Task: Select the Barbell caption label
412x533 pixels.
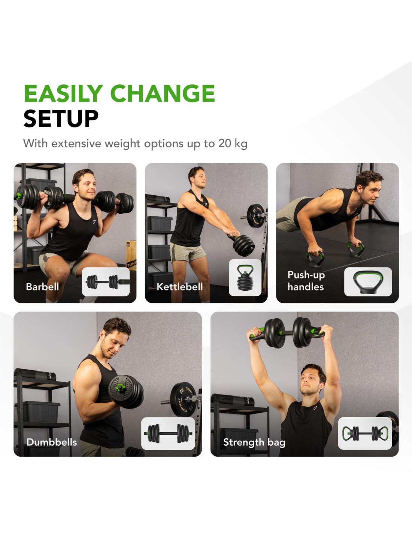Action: point(42,286)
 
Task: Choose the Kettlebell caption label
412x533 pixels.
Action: point(180,286)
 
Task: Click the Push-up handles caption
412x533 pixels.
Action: point(306,281)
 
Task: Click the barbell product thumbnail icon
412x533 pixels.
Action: point(106,281)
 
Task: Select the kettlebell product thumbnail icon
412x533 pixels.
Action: point(245,277)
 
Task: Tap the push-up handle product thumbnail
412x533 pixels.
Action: point(368,281)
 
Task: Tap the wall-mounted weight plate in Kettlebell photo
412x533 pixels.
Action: point(256,216)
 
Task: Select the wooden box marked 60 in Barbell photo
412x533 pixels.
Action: point(131,255)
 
